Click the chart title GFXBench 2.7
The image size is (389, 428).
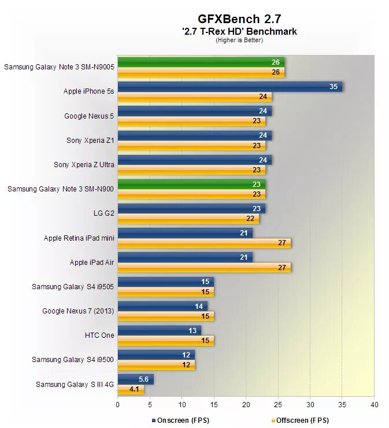click(239, 19)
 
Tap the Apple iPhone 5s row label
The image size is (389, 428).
click(88, 91)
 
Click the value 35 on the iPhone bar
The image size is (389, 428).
click(334, 87)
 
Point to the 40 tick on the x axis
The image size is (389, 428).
click(374, 405)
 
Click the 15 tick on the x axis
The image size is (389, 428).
click(214, 405)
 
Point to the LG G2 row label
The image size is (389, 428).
click(103, 213)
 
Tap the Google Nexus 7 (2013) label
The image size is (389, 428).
click(78, 311)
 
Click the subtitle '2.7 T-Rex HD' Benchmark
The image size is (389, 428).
click(239, 31)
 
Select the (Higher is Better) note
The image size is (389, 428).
click(239, 40)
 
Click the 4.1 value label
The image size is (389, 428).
click(134, 389)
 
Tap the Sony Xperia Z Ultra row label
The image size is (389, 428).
click(84, 164)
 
